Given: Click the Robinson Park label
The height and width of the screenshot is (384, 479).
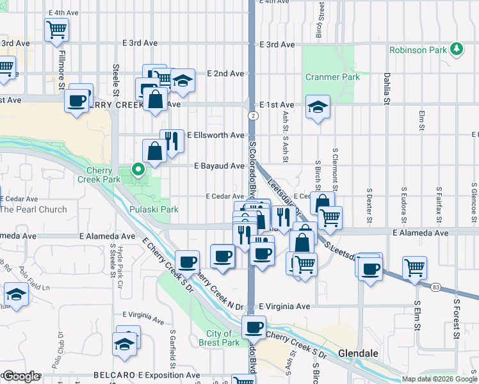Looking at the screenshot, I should point(418,49).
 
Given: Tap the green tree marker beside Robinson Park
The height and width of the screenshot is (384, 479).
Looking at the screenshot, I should point(456,49).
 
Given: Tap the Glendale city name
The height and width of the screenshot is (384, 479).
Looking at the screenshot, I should point(359,353).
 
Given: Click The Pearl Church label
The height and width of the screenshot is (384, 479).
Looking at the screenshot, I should point(33,209).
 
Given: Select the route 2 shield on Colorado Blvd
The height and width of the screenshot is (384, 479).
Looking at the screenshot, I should point(254,116).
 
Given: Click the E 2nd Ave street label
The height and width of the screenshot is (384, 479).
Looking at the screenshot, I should point(226,74).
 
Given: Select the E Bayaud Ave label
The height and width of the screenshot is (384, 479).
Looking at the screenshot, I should point(220,166).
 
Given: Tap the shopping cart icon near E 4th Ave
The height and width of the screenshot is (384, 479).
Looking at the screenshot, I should point(57,29).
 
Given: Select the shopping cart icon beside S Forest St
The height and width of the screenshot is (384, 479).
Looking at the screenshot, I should point(415,266).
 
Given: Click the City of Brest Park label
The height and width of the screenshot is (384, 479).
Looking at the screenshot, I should point(223,338).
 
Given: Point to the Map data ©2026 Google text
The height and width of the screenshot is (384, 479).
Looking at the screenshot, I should point(439,379).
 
